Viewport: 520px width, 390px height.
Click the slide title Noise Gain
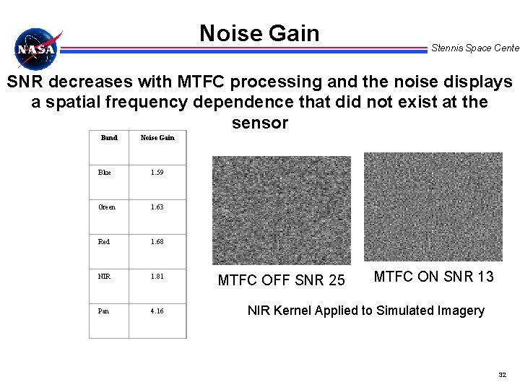259,33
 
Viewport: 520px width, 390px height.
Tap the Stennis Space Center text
474,48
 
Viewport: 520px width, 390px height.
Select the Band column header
109,137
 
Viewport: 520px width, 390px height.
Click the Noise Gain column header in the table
157,137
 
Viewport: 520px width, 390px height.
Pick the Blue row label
105,173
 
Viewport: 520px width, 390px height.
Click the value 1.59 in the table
157,173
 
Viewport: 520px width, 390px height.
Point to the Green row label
108,207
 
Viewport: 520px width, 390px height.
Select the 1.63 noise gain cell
157,207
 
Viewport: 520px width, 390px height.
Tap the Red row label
105,242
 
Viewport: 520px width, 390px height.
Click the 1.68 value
157,242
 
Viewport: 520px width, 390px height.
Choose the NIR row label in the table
105,276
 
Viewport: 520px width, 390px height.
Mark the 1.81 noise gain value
157,276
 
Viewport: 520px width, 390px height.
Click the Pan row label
105,311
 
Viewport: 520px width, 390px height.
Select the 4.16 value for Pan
157,311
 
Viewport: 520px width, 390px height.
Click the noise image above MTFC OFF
281,210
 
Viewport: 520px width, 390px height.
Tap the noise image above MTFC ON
433,206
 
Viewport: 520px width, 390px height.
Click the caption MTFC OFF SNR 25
282,279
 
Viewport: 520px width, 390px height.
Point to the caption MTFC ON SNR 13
433,276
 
